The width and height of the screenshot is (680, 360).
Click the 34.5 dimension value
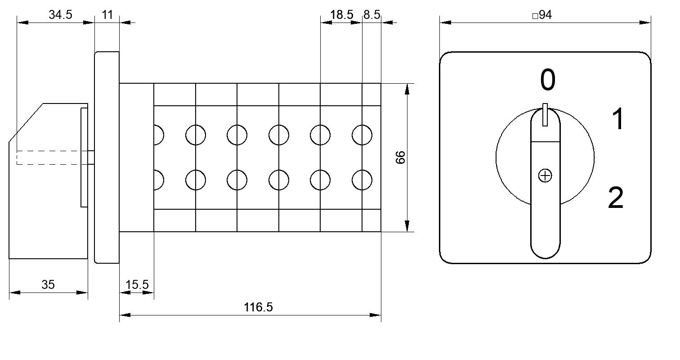pyautogui.click(x=60, y=14)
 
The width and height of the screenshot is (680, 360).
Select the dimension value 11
pyautogui.click(x=107, y=14)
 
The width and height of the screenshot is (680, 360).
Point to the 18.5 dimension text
pyautogui.click(x=342, y=14)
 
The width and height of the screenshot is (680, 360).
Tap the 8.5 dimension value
pyautogui.click(x=372, y=14)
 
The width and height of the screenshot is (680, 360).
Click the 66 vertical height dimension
pyautogui.click(x=401, y=157)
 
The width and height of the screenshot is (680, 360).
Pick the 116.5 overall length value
pyautogui.click(x=258, y=307)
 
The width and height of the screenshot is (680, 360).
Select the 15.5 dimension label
pyautogui.click(x=137, y=285)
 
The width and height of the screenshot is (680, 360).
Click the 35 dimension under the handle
pyautogui.click(x=48, y=285)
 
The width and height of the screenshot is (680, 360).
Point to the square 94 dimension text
pyautogui.click(x=542, y=14)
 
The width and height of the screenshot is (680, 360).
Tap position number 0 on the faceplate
pyautogui.click(x=548, y=80)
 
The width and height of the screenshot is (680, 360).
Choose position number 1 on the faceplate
pyautogui.click(x=618, y=119)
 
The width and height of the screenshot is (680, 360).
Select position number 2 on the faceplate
pyautogui.click(x=616, y=198)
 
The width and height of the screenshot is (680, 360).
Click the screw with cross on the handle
pyautogui.click(x=545, y=175)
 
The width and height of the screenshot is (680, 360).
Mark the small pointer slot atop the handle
pyautogui.click(x=545, y=115)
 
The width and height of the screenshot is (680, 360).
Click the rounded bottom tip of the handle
pyautogui.click(x=545, y=258)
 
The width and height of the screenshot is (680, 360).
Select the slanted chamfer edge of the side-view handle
pyautogui.click(x=26, y=122)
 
